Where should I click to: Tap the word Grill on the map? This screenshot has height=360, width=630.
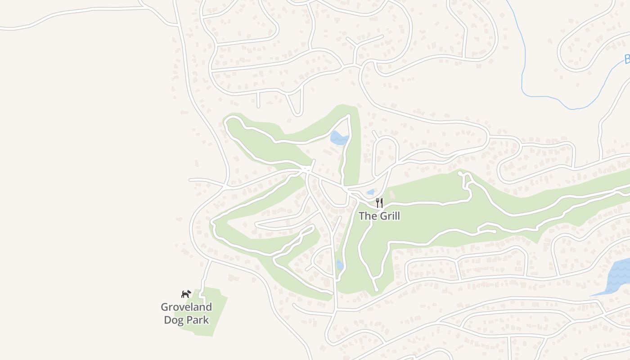(x=390, y=216)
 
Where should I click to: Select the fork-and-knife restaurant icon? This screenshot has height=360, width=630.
(x=379, y=203)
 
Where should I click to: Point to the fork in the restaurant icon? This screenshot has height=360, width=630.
(x=377, y=203)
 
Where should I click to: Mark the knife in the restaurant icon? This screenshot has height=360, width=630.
(x=382, y=203)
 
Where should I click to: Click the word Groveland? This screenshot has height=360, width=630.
(x=186, y=307)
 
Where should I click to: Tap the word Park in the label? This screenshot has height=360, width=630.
(x=198, y=320)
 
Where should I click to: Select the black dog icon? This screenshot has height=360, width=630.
(x=186, y=294)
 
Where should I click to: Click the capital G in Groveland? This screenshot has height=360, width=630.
(x=165, y=307)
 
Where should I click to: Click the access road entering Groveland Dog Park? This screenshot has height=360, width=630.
(x=205, y=277)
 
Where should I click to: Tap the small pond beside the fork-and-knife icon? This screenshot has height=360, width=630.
(x=370, y=192)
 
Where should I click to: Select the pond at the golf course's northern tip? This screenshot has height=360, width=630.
(x=339, y=138)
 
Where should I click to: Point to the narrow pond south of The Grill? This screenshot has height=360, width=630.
(x=340, y=265)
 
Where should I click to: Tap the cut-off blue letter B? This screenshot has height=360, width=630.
(x=627, y=59)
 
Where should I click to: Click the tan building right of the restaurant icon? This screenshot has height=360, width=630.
(x=391, y=195)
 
